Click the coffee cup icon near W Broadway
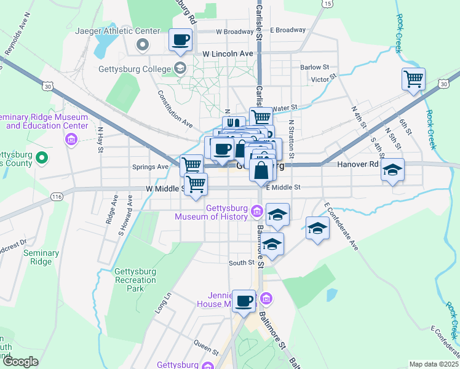pos(181,41)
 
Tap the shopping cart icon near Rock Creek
pos(413,79)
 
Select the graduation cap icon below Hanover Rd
pos(392,169)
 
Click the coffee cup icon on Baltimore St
pos(244,301)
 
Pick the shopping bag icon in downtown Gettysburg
pos(261,170)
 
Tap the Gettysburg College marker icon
pos(180,68)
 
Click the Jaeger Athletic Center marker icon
pos(143,44)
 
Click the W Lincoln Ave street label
pos(228,54)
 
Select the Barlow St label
pos(315,67)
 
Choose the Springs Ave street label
pos(150,167)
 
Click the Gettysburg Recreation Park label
pos(135,280)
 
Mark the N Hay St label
pos(100,140)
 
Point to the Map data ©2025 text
pos(434,364)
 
